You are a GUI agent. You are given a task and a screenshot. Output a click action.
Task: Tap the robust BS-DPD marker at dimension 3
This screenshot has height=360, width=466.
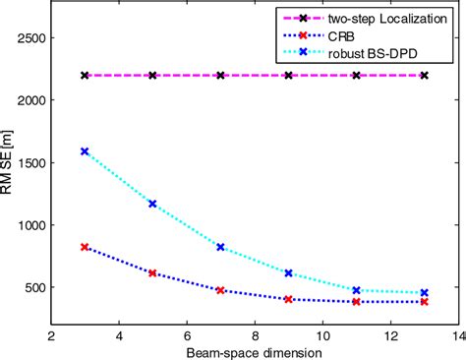tap(85, 151)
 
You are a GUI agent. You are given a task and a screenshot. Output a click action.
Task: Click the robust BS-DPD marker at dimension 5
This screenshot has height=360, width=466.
tap(152, 204)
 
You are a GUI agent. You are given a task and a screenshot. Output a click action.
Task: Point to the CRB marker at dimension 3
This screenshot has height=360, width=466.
tap(85, 247)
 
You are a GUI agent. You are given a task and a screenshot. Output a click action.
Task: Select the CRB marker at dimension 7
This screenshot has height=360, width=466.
tap(220, 290)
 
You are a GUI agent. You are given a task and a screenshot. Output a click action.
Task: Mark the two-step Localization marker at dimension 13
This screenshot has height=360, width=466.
tap(424, 75)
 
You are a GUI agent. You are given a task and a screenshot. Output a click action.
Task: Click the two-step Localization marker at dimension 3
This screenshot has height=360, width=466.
tap(85, 75)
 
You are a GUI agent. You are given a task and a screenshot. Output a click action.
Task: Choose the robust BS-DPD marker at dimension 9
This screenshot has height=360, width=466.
tap(288, 272)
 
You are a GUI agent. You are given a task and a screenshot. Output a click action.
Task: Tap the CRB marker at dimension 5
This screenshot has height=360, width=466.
tap(152, 272)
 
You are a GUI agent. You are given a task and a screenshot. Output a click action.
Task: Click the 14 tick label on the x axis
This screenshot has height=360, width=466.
tap(457, 333)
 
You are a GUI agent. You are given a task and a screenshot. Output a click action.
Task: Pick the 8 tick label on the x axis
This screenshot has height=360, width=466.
tap(255, 333)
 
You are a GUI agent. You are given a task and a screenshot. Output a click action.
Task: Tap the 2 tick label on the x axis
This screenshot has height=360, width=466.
tap(51, 333)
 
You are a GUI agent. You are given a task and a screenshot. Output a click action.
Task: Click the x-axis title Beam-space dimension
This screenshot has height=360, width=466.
tap(254, 350)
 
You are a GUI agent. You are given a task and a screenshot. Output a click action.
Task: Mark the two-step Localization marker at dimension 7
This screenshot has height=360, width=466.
tap(220, 75)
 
